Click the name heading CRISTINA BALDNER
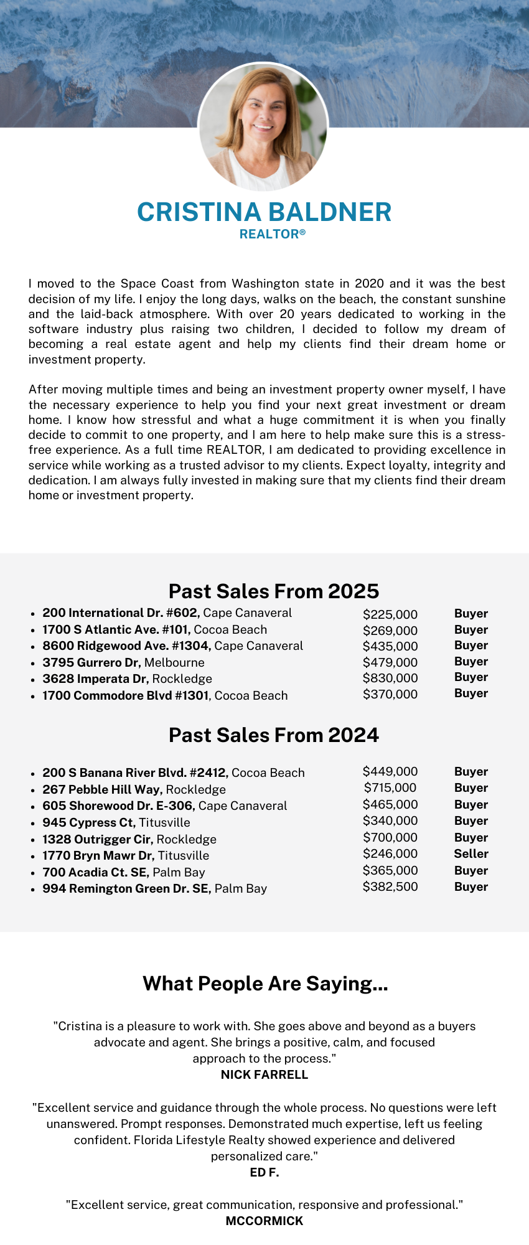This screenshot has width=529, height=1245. (x=264, y=212)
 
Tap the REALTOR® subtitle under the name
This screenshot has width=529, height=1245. (x=273, y=235)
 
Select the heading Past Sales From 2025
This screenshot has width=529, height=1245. (x=274, y=591)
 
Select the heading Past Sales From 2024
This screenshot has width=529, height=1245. (x=274, y=735)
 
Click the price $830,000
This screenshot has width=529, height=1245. (x=390, y=678)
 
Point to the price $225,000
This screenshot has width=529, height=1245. (x=390, y=614)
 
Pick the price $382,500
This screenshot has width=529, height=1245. (x=390, y=886)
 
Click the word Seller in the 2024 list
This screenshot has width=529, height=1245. (x=471, y=853)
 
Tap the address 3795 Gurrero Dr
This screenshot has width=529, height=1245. (x=91, y=662)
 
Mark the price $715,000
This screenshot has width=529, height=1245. (x=390, y=787)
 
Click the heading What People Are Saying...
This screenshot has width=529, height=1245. (x=265, y=984)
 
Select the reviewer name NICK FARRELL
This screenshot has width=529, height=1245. (x=264, y=1074)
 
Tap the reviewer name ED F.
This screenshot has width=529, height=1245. (x=264, y=1172)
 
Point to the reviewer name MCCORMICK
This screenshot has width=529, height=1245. (x=264, y=1221)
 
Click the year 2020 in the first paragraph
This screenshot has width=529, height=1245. (x=369, y=284)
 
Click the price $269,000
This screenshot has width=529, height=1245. (x=390, y=631)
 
